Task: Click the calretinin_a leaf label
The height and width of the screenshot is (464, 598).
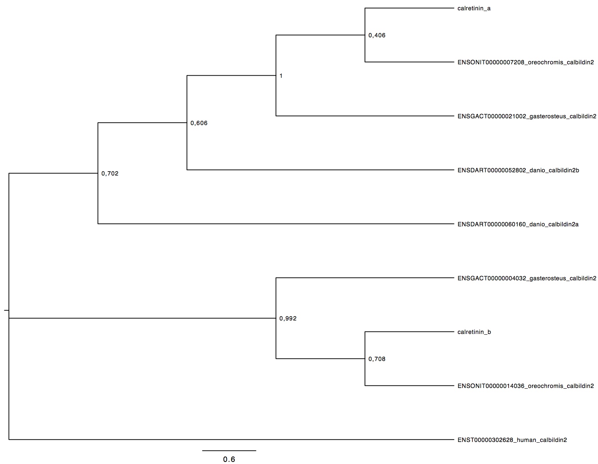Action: pos(474,9)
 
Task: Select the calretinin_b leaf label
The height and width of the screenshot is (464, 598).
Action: pos(474,332)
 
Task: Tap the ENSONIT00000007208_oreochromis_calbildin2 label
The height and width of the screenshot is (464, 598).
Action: pos(526,63)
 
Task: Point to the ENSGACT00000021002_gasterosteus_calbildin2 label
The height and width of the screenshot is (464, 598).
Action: pos(527,117)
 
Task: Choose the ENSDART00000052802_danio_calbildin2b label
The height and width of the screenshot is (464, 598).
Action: pos(518,171)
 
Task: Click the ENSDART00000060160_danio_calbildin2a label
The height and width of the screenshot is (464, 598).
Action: pos(518,225)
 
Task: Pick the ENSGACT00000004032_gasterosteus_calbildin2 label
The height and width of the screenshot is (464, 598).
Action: pos(527,279)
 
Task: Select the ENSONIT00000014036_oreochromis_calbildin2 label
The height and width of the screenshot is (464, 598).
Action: pos(526,386)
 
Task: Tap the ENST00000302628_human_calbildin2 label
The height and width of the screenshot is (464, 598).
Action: pos(512,440)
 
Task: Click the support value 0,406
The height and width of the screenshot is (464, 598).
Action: pos(377,36)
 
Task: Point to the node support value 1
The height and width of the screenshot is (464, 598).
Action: pos(281,76)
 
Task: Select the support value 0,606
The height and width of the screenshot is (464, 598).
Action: pos(199,124)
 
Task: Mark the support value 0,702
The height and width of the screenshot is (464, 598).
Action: pos(110,174)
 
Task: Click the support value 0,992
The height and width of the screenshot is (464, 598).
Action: pos(288,319)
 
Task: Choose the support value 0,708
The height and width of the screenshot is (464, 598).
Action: pos(377,359)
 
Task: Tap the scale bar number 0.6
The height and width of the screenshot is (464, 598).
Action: pos(229,459)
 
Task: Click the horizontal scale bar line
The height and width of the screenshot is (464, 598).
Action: pos(229,450)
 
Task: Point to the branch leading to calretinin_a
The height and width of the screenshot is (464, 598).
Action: pos(410,8)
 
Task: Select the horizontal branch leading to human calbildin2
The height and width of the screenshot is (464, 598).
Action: pos(231,440)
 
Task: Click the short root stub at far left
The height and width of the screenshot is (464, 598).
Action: pos(6,310)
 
